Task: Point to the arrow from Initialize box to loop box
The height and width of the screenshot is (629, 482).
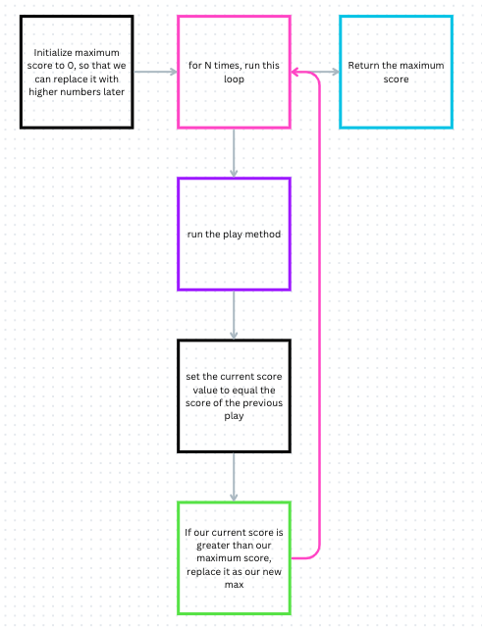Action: point(155,72)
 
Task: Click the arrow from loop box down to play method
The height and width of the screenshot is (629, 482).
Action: point(234,153)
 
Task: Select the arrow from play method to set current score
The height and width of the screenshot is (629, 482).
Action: point(234,315)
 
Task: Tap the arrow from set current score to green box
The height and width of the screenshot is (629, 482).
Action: point(234,477)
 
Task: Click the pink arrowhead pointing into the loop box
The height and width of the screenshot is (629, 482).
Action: point(295,73)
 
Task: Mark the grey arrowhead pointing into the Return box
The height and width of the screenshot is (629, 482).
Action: point(336,72)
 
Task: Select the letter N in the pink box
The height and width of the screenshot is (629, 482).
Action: point(208,66)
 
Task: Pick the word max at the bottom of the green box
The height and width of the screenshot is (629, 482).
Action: point(234,585)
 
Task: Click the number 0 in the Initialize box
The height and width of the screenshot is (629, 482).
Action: point(71,66)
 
